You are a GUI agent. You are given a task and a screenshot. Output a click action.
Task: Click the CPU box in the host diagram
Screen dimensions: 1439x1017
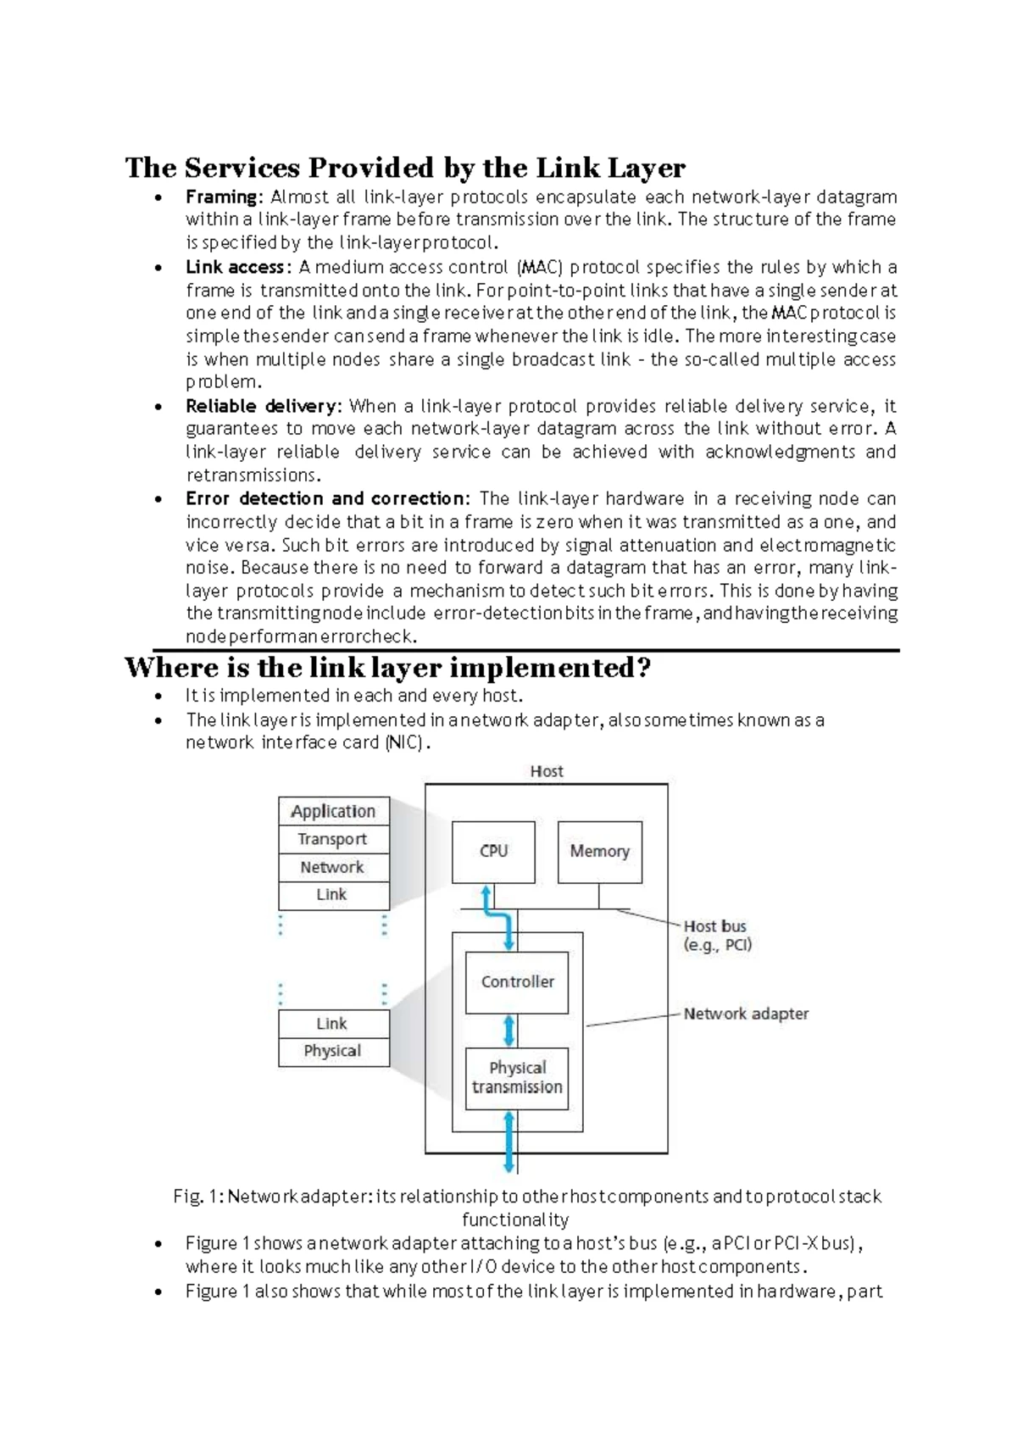pos(493,852)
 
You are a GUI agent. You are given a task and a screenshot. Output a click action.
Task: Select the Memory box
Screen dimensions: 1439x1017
pos(599,852)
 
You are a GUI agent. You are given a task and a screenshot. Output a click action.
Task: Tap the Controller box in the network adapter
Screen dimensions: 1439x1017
pos(517,982)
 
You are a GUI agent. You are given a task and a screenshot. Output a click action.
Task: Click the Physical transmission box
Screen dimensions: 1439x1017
pos(517,1078)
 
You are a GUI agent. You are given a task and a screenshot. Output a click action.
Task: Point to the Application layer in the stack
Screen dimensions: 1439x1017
pos(333,811)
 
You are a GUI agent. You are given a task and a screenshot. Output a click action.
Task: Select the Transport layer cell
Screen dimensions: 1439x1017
pos(333,839)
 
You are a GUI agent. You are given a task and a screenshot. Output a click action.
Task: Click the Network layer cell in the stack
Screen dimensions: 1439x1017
pos(333,867)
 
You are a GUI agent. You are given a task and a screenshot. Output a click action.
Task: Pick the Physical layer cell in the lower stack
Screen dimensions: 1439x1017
pos(333,1051)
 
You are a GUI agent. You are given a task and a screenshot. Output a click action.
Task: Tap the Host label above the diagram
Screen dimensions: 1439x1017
pos(547,771)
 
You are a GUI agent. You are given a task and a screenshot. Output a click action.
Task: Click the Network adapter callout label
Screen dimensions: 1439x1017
pos(746,1014)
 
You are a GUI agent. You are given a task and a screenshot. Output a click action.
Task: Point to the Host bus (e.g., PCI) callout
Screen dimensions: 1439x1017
pos(717,936)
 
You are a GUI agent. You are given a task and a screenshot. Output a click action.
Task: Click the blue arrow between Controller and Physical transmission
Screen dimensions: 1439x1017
pos(509,1031)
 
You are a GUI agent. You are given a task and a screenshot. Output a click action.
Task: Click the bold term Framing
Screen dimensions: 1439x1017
pos(223,197)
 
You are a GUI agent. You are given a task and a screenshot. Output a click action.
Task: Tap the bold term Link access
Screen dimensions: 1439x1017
pos(236,268)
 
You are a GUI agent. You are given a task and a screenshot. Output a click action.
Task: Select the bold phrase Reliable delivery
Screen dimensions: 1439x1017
pos(263,406)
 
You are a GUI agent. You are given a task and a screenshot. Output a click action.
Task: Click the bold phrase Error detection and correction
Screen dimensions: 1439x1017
pos(325,498)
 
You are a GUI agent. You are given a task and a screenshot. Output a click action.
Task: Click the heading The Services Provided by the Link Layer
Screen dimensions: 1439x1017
pos(405,168)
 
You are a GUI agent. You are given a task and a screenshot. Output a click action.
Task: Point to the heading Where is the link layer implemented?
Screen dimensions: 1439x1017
pos(387,668)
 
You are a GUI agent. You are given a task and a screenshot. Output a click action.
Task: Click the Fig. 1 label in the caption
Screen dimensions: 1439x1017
pos(197,1197)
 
